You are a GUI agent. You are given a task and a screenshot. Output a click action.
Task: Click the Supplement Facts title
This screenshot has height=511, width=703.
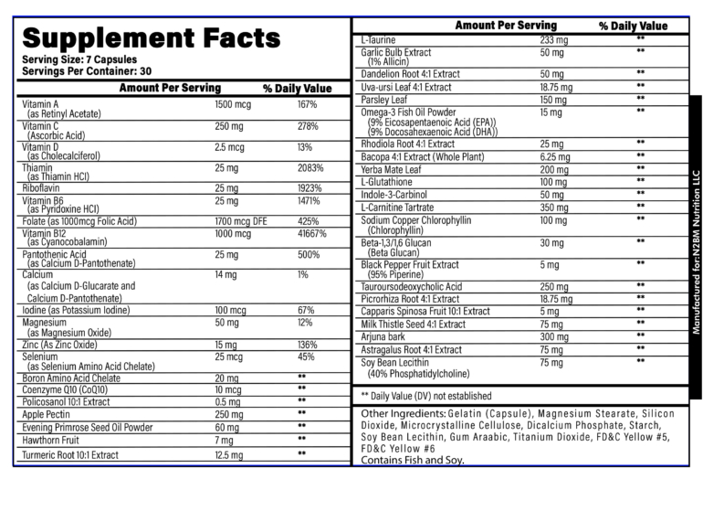tap(151, 37)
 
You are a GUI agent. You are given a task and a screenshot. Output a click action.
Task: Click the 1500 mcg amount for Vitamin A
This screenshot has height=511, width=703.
tap(233, 105)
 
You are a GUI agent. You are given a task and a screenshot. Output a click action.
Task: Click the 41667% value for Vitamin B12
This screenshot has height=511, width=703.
tap(313, 234)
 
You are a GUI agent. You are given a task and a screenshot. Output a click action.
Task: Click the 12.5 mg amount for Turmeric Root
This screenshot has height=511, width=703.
tap(229, 454)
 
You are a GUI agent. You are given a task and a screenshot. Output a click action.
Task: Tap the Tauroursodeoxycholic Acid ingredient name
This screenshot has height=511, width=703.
tap(412, 286)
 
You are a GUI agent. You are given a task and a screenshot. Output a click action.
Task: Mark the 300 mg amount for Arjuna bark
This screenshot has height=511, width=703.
tap(554, 336)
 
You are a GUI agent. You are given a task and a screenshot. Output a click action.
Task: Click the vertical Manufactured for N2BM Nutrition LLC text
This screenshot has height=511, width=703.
tap(695, 247)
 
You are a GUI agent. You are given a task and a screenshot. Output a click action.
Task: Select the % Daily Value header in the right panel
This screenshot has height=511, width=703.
tap(633, 26)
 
